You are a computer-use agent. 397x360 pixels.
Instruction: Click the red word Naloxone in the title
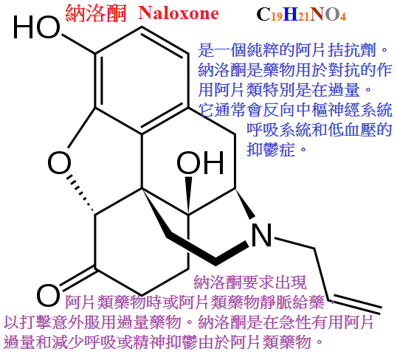[179, 13]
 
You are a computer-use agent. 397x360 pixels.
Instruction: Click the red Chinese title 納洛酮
[96, 13]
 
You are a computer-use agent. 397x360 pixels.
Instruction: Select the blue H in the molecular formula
[291, 14]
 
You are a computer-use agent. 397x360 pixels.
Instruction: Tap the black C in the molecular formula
[263, 14]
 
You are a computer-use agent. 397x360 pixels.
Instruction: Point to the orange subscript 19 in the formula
[277, 17]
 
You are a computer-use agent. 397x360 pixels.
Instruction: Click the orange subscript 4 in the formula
[342, 17]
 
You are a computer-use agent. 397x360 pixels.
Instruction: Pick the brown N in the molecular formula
[317, 14]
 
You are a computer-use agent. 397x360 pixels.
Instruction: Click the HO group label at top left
[37, 27]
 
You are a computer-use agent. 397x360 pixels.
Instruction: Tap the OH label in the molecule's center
[200, 163]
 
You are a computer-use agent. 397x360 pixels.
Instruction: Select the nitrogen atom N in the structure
[261, 235]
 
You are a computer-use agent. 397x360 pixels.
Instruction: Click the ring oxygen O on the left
[59, 162]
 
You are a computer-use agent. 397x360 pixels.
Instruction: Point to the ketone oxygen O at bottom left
[48, 295]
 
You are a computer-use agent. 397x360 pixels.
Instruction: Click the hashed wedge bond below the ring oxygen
[80, 193]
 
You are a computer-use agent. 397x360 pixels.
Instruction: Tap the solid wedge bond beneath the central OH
[188, 195]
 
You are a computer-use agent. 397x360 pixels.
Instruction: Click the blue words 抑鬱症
[271, 150]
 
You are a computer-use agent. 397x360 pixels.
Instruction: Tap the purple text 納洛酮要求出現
[250, 283]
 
